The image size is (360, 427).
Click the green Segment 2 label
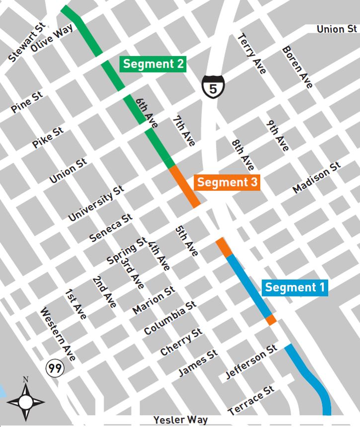(153, 64)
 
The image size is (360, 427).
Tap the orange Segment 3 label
(227, 182)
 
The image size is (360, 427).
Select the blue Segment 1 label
(295, 287)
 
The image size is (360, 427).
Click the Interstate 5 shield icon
(213, 86)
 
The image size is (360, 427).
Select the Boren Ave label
(297, 68)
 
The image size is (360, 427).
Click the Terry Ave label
(252, 54)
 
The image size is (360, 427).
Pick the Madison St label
(317, 178)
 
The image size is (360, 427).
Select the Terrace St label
(252, 401)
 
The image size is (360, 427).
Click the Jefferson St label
(251, 362)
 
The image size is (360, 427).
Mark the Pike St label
(48, 138)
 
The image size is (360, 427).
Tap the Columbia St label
(170, 317)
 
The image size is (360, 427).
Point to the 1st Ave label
(76, 304)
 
